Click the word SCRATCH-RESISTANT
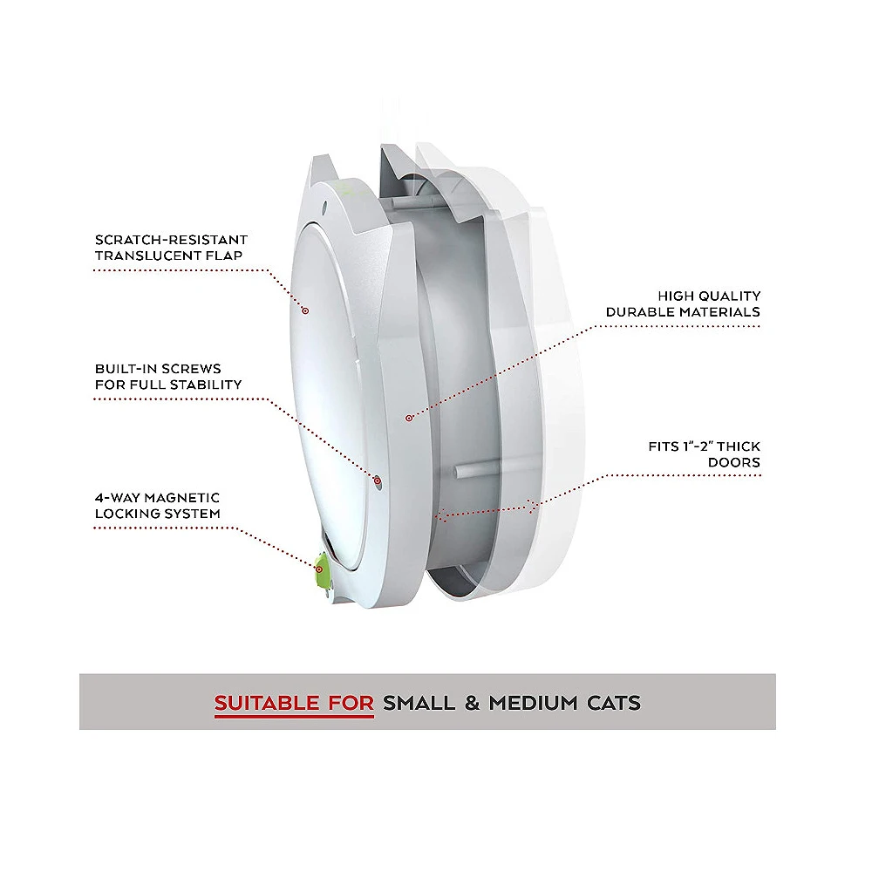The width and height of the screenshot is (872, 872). (x=171, y=240)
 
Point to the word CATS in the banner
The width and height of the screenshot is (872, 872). (x=610, y=702)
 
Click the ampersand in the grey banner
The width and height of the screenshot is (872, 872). (x=472, y=702)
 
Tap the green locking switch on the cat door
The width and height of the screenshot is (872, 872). (x=321, y=568)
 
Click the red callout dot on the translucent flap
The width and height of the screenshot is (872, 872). (x=305, y=310)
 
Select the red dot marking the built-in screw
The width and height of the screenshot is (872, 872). (x=378, y=480)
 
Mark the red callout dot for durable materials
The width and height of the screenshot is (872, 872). (x=406, y=419)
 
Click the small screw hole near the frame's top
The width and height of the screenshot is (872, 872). (x=324, y=208)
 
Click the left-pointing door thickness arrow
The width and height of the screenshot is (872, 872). (x=444, y=515)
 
